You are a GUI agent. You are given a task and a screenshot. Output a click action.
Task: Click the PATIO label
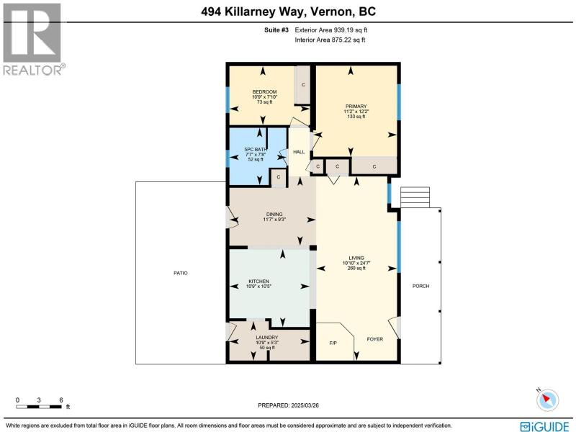181,273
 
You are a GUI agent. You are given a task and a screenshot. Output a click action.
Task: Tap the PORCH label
420,286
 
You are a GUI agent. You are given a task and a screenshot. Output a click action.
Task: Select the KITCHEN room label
258,281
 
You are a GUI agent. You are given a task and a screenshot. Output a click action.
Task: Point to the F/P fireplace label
333,343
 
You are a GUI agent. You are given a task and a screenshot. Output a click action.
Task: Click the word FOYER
374,339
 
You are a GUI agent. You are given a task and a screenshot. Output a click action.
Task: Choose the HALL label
299,152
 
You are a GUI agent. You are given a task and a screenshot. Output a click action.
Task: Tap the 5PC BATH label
256,150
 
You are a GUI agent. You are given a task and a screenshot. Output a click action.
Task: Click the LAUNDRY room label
267,337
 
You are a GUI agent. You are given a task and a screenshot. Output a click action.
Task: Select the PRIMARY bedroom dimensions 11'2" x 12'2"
356,112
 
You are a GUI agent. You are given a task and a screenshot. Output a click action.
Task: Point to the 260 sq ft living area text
356,268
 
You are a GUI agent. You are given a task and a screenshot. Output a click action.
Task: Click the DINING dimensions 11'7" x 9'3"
274,220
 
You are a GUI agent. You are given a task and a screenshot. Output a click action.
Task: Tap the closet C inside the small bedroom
303,85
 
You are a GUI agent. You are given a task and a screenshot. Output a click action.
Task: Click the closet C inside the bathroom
279,177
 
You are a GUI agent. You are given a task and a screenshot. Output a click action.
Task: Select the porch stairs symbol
415,197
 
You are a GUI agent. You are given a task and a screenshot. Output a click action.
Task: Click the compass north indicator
547,399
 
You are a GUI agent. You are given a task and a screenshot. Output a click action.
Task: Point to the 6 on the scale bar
61,400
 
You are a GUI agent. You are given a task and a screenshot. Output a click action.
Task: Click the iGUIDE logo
545,426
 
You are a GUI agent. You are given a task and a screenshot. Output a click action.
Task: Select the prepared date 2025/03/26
305,405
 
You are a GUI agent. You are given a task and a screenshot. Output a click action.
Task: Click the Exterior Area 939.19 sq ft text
331,30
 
